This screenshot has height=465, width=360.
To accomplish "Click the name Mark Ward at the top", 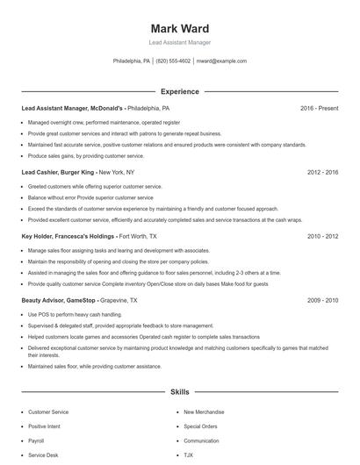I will pos(179,28).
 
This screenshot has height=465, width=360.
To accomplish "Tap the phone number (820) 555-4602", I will pos(173,61).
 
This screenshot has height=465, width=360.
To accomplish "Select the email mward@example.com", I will pos(221,61).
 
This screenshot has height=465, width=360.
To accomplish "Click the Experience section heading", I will pos(179,91).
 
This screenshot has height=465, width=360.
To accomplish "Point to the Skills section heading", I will pos(179,393).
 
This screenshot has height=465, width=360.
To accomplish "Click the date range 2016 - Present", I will pos(319,108).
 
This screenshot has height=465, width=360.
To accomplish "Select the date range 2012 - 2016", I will pos(322,172).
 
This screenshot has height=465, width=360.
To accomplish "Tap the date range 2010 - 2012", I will pos(322,236).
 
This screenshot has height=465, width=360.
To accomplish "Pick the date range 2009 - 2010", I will pos(322,300).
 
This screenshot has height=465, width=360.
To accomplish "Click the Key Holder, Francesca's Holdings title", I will pos(68,236).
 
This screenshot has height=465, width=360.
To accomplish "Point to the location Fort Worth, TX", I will pos(139,236).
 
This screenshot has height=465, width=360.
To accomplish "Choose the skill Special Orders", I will pos(200,426).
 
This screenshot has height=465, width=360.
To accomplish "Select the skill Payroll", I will pos(36,440).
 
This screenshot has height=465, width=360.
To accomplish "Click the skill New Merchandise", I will pos(204,411).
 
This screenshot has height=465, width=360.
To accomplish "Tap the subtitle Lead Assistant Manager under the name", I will pos(179,42).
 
